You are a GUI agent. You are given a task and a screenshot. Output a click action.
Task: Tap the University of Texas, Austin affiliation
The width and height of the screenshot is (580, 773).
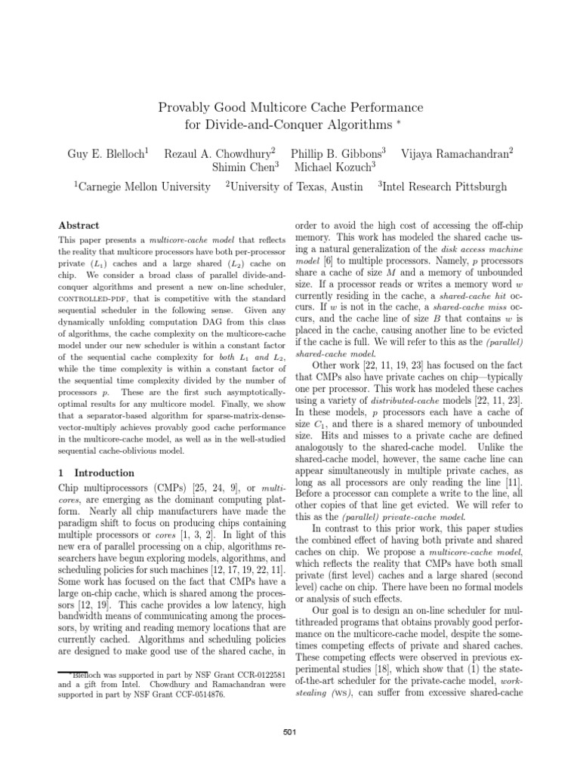click(295, 186)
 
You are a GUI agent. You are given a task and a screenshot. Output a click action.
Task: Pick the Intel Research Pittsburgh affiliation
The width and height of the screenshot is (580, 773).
click(443, 186)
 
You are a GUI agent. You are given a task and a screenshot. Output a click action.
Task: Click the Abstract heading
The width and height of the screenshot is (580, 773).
click(79, 225)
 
